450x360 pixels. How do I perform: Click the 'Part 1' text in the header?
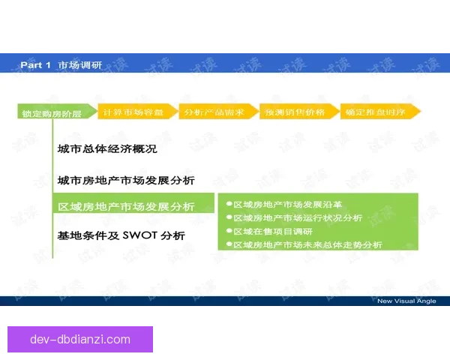pos(35,65)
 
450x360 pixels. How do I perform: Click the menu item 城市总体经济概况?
pos(106,149)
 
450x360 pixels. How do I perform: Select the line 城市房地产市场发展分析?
pos(126,180)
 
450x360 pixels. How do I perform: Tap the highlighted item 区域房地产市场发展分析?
pos(126,206)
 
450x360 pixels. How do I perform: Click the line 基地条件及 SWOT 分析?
pos(121,235)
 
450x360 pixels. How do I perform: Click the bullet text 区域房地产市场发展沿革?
pos(287,203)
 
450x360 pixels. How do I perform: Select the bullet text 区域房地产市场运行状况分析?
pos(297,217)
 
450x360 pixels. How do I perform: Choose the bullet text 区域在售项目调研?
pos(272,231)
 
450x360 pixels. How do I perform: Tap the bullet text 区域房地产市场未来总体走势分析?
pos(307,244)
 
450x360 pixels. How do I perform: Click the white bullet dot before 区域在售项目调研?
pos(229,231)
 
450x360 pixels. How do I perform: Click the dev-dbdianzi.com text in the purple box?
pos(80,339)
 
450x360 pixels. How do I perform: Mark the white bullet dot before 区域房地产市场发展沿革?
pos(229,203)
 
